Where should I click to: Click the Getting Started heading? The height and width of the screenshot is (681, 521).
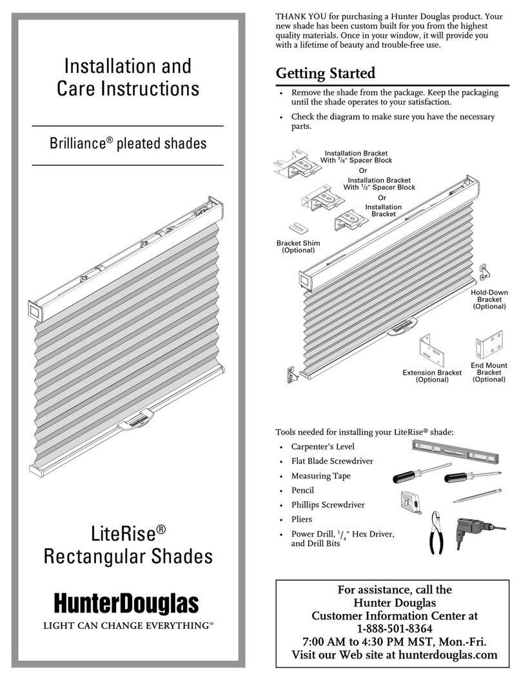326,73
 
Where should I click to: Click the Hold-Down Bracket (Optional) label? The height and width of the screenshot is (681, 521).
489,299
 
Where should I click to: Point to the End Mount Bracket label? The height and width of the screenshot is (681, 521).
489,372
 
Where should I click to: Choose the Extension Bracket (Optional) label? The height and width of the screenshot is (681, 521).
432,376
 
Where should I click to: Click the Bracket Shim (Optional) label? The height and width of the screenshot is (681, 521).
298,246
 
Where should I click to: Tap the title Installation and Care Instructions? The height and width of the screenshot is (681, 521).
127,77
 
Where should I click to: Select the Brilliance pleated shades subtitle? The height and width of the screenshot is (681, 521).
127,143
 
